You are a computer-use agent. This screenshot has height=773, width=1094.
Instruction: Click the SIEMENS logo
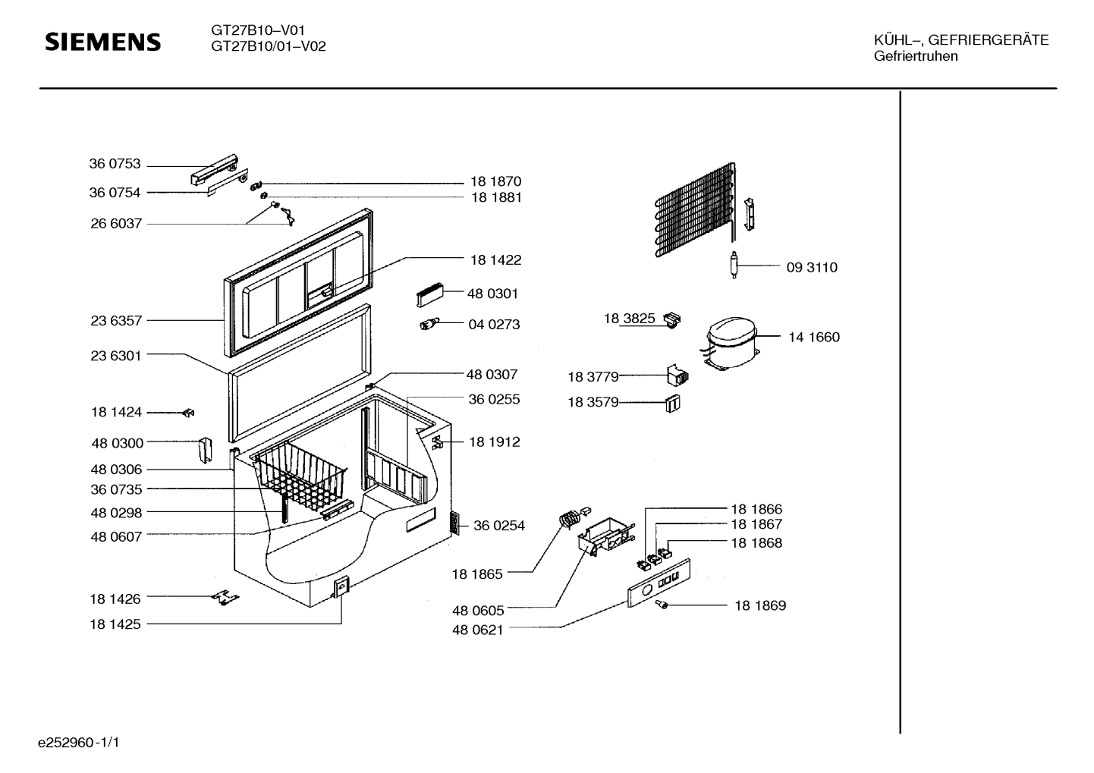102,42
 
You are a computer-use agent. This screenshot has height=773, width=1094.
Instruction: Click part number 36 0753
115,164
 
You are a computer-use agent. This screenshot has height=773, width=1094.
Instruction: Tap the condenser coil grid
693,209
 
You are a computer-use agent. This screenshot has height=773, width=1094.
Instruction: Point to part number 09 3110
812,267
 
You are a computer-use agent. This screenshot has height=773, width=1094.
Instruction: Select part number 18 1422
495,259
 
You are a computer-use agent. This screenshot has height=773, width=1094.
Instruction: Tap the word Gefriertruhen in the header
916,56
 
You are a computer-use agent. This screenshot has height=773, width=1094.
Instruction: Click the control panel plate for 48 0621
659,583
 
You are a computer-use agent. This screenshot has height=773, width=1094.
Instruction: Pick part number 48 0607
116,536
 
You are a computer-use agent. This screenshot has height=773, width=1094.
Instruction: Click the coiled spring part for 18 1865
568,519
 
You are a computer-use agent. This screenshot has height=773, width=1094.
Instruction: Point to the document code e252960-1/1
79,743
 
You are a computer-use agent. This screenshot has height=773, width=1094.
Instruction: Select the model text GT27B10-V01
258,30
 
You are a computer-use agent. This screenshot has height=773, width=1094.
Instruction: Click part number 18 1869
760,605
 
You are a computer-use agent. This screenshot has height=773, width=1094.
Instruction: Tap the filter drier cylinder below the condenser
734,265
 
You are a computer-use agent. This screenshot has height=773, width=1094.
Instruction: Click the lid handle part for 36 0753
214,170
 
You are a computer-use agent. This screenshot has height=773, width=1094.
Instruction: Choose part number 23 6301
116,356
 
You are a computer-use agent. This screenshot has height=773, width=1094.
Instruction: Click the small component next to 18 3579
673,404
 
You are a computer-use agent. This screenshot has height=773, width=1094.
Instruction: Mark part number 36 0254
499,526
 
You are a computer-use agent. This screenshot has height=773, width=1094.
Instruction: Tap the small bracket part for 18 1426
225,597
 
